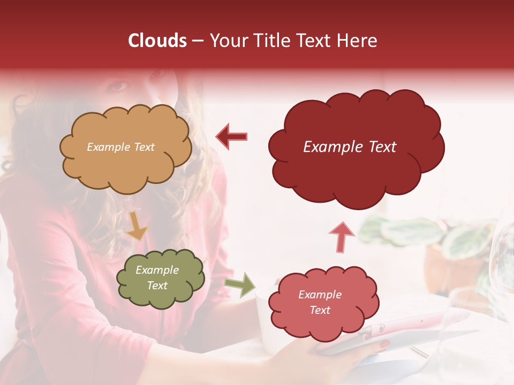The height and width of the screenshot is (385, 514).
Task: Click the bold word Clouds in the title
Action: click(x=157, y=41)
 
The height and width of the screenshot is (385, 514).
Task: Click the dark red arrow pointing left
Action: click(x=231, y=136)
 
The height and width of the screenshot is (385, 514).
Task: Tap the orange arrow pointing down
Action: click(x=136, y=226)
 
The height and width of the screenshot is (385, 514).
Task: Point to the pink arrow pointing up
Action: click(x=341, y=236)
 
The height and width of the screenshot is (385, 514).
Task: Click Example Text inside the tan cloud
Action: click(x=120, y=147)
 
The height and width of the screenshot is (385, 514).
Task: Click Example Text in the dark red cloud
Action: click(x=350, y=147)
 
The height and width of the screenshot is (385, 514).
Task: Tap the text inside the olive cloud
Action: click(x=157, y=278)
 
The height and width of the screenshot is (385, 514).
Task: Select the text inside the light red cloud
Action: click(x=320, y=302)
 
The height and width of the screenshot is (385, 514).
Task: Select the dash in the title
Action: click(x=198, y=41)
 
